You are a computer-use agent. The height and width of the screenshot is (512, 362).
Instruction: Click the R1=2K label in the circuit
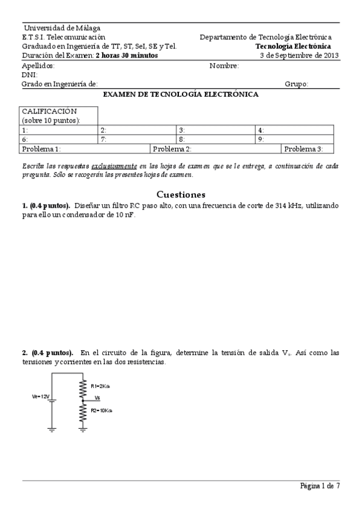point(99,386)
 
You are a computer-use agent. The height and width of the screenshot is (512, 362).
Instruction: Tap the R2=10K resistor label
point(100,410)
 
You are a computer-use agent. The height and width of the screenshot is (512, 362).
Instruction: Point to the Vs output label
point(97,398)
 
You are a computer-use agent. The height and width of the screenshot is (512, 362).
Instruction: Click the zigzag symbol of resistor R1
point(83,386)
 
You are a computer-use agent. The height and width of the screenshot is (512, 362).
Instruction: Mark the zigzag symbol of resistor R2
point(83,411)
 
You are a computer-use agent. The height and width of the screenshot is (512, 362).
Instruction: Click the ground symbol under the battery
point(53,429)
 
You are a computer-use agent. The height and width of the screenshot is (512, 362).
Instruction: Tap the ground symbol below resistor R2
point(83,429)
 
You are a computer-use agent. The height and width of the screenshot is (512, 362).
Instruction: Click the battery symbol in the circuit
point(53,400)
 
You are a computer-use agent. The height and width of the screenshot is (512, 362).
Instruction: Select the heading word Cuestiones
point(181,194)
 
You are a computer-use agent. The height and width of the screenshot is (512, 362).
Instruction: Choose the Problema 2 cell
point(172,149)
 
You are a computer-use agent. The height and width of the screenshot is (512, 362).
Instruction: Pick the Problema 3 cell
point(303,149)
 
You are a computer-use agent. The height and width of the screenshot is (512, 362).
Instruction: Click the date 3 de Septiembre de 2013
point(299,55)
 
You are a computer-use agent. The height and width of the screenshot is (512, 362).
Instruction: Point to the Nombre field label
point(224,66)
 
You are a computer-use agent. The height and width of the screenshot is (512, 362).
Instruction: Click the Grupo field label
point(297,85)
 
